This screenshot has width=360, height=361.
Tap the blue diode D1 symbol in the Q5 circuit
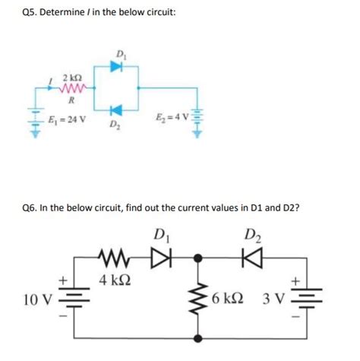(x=116, y=66)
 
